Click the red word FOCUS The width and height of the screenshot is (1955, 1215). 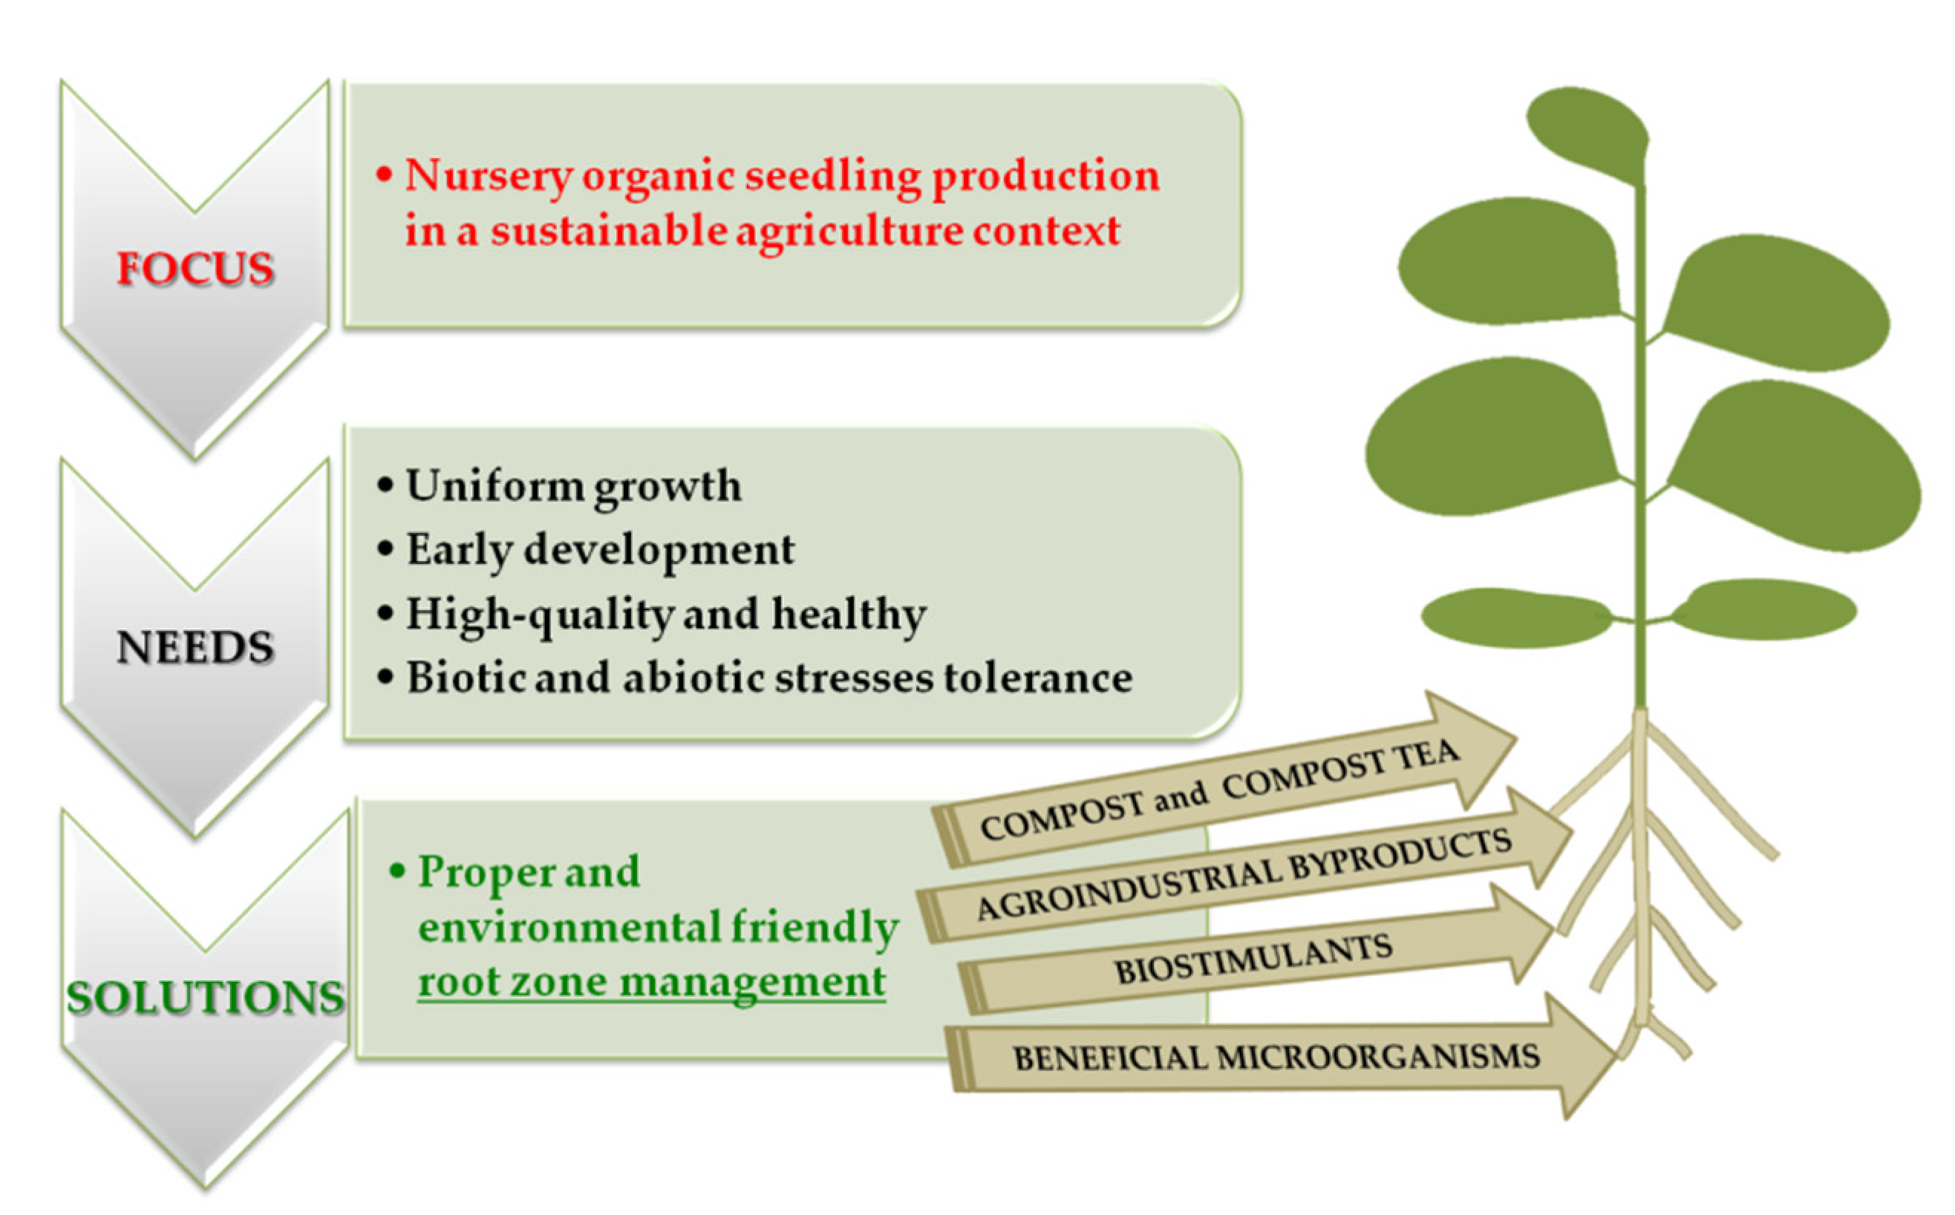tap(195, 269)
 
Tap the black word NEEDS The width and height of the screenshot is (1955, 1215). tap(195, 648)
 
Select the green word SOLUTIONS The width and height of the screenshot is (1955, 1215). tap(205, 998)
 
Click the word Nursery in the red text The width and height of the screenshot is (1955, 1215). tap(489, 176)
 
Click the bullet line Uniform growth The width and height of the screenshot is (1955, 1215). tap(573, 486)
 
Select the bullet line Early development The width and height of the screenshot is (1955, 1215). tap(600, 551)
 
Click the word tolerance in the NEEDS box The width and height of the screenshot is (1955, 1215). tap(1038, 678)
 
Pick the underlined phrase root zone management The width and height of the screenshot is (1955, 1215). tap(652, 981)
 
